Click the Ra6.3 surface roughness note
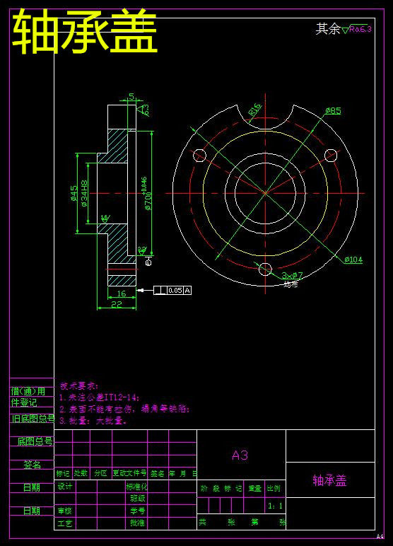pos(360,29)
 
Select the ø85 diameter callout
pos(333,111)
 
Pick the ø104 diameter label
pos(353,260)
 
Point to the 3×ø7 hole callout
pos(292,275)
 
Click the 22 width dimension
pos(116,304)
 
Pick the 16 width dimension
pos(121,294)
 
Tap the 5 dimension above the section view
pos(131,97)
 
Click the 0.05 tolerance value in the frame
pos(175,290)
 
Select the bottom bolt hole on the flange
pos(265,269)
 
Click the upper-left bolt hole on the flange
pos(199,155)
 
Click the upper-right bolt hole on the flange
pos(331,155)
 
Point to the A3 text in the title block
pos(240,455)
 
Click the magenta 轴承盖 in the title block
pos(330,481)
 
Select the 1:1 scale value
pos(275,506)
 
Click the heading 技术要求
pos(79,386)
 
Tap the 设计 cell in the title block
pos(64,487)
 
